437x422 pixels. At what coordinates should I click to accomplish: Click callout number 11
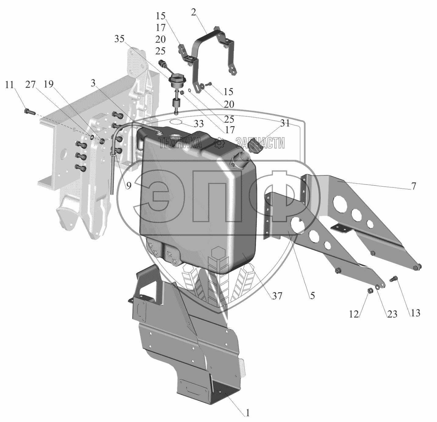[x=9, y=85]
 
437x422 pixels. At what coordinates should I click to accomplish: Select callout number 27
[x=31, y=85]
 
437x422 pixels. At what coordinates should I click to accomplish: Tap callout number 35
[x=120, y=39]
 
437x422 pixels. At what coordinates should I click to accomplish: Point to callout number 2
[x=194, y=12]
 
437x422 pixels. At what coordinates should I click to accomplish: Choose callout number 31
[x=285, y=123]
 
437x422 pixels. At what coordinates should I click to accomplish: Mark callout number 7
[x=414, y=186]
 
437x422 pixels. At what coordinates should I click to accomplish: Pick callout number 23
[x=392, y=314]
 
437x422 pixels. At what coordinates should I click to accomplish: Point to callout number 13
[x=415, y=313]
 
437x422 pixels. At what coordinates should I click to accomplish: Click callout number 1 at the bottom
[x=248, y=413]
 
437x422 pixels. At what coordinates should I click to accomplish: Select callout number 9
[x=129, y=186]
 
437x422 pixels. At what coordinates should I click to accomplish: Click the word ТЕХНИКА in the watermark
[x=180, y=143]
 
